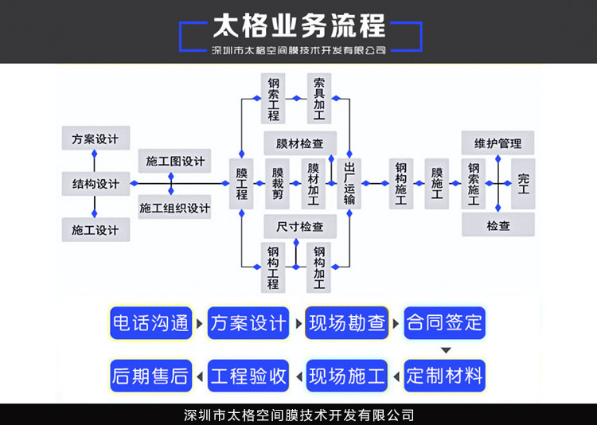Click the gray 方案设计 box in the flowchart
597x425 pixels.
click(x=95, y=139)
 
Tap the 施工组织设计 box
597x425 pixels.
click(x=174, y=208)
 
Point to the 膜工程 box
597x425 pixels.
click(x=241, y=184)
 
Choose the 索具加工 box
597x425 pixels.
click(x=318, y=99)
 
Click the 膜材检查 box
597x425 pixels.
click(x=299, y=144)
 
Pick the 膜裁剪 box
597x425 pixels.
click(x=277, y=184)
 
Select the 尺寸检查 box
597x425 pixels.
click(x=299, y=227)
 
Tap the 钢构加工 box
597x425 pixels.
click(x=318, y=267)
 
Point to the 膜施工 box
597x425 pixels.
click(x=436, y=184)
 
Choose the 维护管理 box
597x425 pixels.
click(x=497, y=143)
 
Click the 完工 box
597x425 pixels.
click(x=523, y=184)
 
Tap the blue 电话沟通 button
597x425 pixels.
click(x=151, y=323)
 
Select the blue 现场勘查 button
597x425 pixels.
click(x=347, y=323)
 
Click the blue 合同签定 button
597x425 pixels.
click(x=444, y=323)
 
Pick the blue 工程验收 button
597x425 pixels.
click(x=249, y=376)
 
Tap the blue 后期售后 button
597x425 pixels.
click(x=151, y=376)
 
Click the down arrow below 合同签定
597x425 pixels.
click(x=446, y=350)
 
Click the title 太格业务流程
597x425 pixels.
click(x=298, y=25)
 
